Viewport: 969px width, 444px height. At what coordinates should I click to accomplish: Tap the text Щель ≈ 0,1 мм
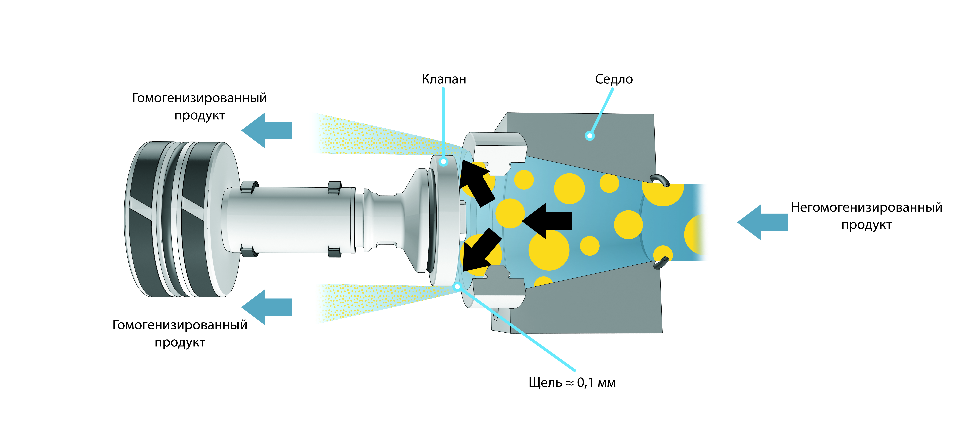click(x=572, y=383)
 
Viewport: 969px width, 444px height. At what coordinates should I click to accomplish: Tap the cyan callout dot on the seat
click(x=590, y=136)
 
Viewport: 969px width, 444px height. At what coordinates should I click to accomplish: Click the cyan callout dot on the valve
click(x=443, y=162)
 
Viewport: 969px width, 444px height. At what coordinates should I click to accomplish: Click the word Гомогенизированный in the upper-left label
click(x=199, y=98)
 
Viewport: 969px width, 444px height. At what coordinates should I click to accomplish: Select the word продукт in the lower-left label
click(x=180, y=342)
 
